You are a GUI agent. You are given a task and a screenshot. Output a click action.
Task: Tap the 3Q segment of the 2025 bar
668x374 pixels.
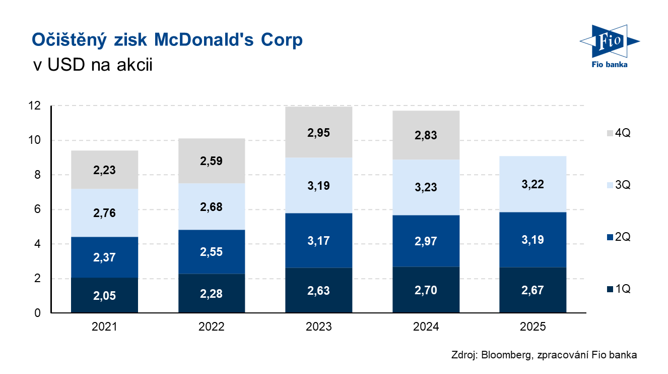click(533, 184)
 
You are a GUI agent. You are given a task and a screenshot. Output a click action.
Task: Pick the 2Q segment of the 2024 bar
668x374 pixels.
click(426, 241)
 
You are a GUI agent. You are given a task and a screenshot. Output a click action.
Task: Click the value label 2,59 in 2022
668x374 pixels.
click(212, 161)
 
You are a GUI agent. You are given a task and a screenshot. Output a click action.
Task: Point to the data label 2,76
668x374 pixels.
click(104, 212)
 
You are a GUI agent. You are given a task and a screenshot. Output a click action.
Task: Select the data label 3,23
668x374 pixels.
click(426, 187)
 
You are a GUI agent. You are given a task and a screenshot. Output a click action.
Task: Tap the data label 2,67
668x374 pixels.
click(533, 290)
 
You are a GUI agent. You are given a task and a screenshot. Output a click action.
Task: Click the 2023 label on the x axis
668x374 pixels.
click(319, 327)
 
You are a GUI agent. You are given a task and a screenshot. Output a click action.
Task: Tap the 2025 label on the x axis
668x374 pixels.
click(533, 327)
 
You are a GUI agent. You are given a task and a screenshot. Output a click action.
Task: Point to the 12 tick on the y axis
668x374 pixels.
click(35, 106)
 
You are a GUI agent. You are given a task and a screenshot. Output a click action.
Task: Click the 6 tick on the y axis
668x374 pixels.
click(38, 209)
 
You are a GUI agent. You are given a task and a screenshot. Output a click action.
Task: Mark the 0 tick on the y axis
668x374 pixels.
click(38, 313)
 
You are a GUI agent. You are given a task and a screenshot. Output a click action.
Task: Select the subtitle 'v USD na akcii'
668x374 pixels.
click(92, 65)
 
